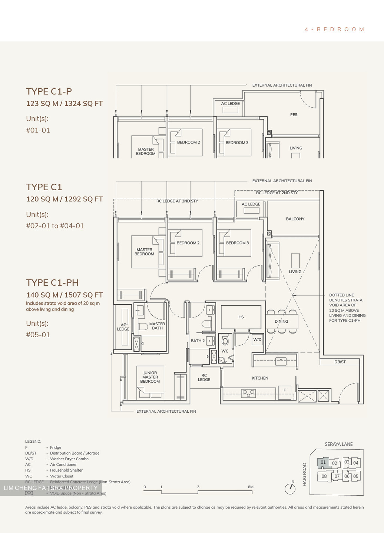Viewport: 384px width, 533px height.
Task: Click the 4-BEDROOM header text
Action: pyautogui.click(x=334, y=29)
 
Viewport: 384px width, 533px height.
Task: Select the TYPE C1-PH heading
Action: pyautogui.click(x=52, y=283)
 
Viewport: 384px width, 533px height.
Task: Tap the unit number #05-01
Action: pyautogui.click(x=38, y=335)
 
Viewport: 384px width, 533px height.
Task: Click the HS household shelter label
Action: pyautogui.click(x=241, y=317)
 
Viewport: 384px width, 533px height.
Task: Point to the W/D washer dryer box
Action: pyautogui.click(x=257, y=339)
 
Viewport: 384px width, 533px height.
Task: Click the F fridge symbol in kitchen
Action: pyautogui.click(x=285, y=390)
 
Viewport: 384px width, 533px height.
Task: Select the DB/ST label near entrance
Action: pyautogui.click(x=340, y=362)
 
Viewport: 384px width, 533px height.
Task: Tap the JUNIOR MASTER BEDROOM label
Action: pyautogui.click(x=150, y=377)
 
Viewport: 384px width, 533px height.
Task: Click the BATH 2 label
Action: pyautogui.click(x=198, y=341)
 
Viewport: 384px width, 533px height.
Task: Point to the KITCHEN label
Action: pyautogui.click(x=260, y=378)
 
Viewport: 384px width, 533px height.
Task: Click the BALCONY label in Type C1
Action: pyautogui.click(x=295, y=219)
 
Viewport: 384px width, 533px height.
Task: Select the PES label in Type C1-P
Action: pyautogui.click(x=294, y=115)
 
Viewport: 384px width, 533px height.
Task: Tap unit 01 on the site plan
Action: pyautogui.click(x=323, y=462)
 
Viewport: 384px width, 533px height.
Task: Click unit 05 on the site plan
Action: pyautogui.click(x=356, y=476)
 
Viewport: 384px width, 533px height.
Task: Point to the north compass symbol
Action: pyautogui.click(x=290, y=488)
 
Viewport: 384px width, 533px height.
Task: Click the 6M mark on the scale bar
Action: pyautogui.click(x=251, y=487)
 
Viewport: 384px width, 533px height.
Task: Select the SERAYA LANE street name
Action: pyautogui.click(x=338, y=444)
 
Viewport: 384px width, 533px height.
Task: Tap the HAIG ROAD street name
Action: pyautogui.click(x=305, y=475)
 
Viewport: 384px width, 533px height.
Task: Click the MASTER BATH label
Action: pyautogui.click(x=157, y=326)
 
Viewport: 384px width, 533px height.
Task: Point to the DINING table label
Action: pyautogui.click(x=281, y=321)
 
